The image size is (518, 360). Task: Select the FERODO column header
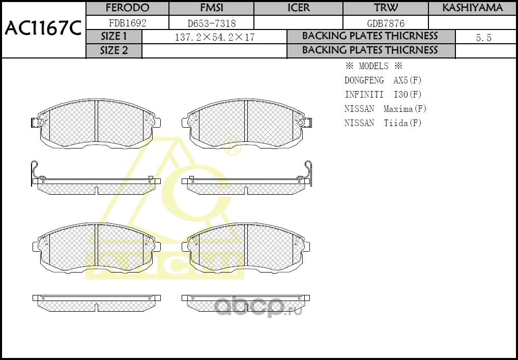(128, 8)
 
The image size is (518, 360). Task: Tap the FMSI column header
(212, 8)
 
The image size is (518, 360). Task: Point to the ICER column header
(299, 8)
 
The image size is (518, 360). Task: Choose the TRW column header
(386, 8)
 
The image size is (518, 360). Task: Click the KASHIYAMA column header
(473, 8)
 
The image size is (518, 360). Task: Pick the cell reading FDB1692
(128, 23)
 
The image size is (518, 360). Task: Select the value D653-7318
(212, 23)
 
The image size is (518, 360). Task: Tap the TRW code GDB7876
(386, 23)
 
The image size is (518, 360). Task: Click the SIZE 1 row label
(113, 36)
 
